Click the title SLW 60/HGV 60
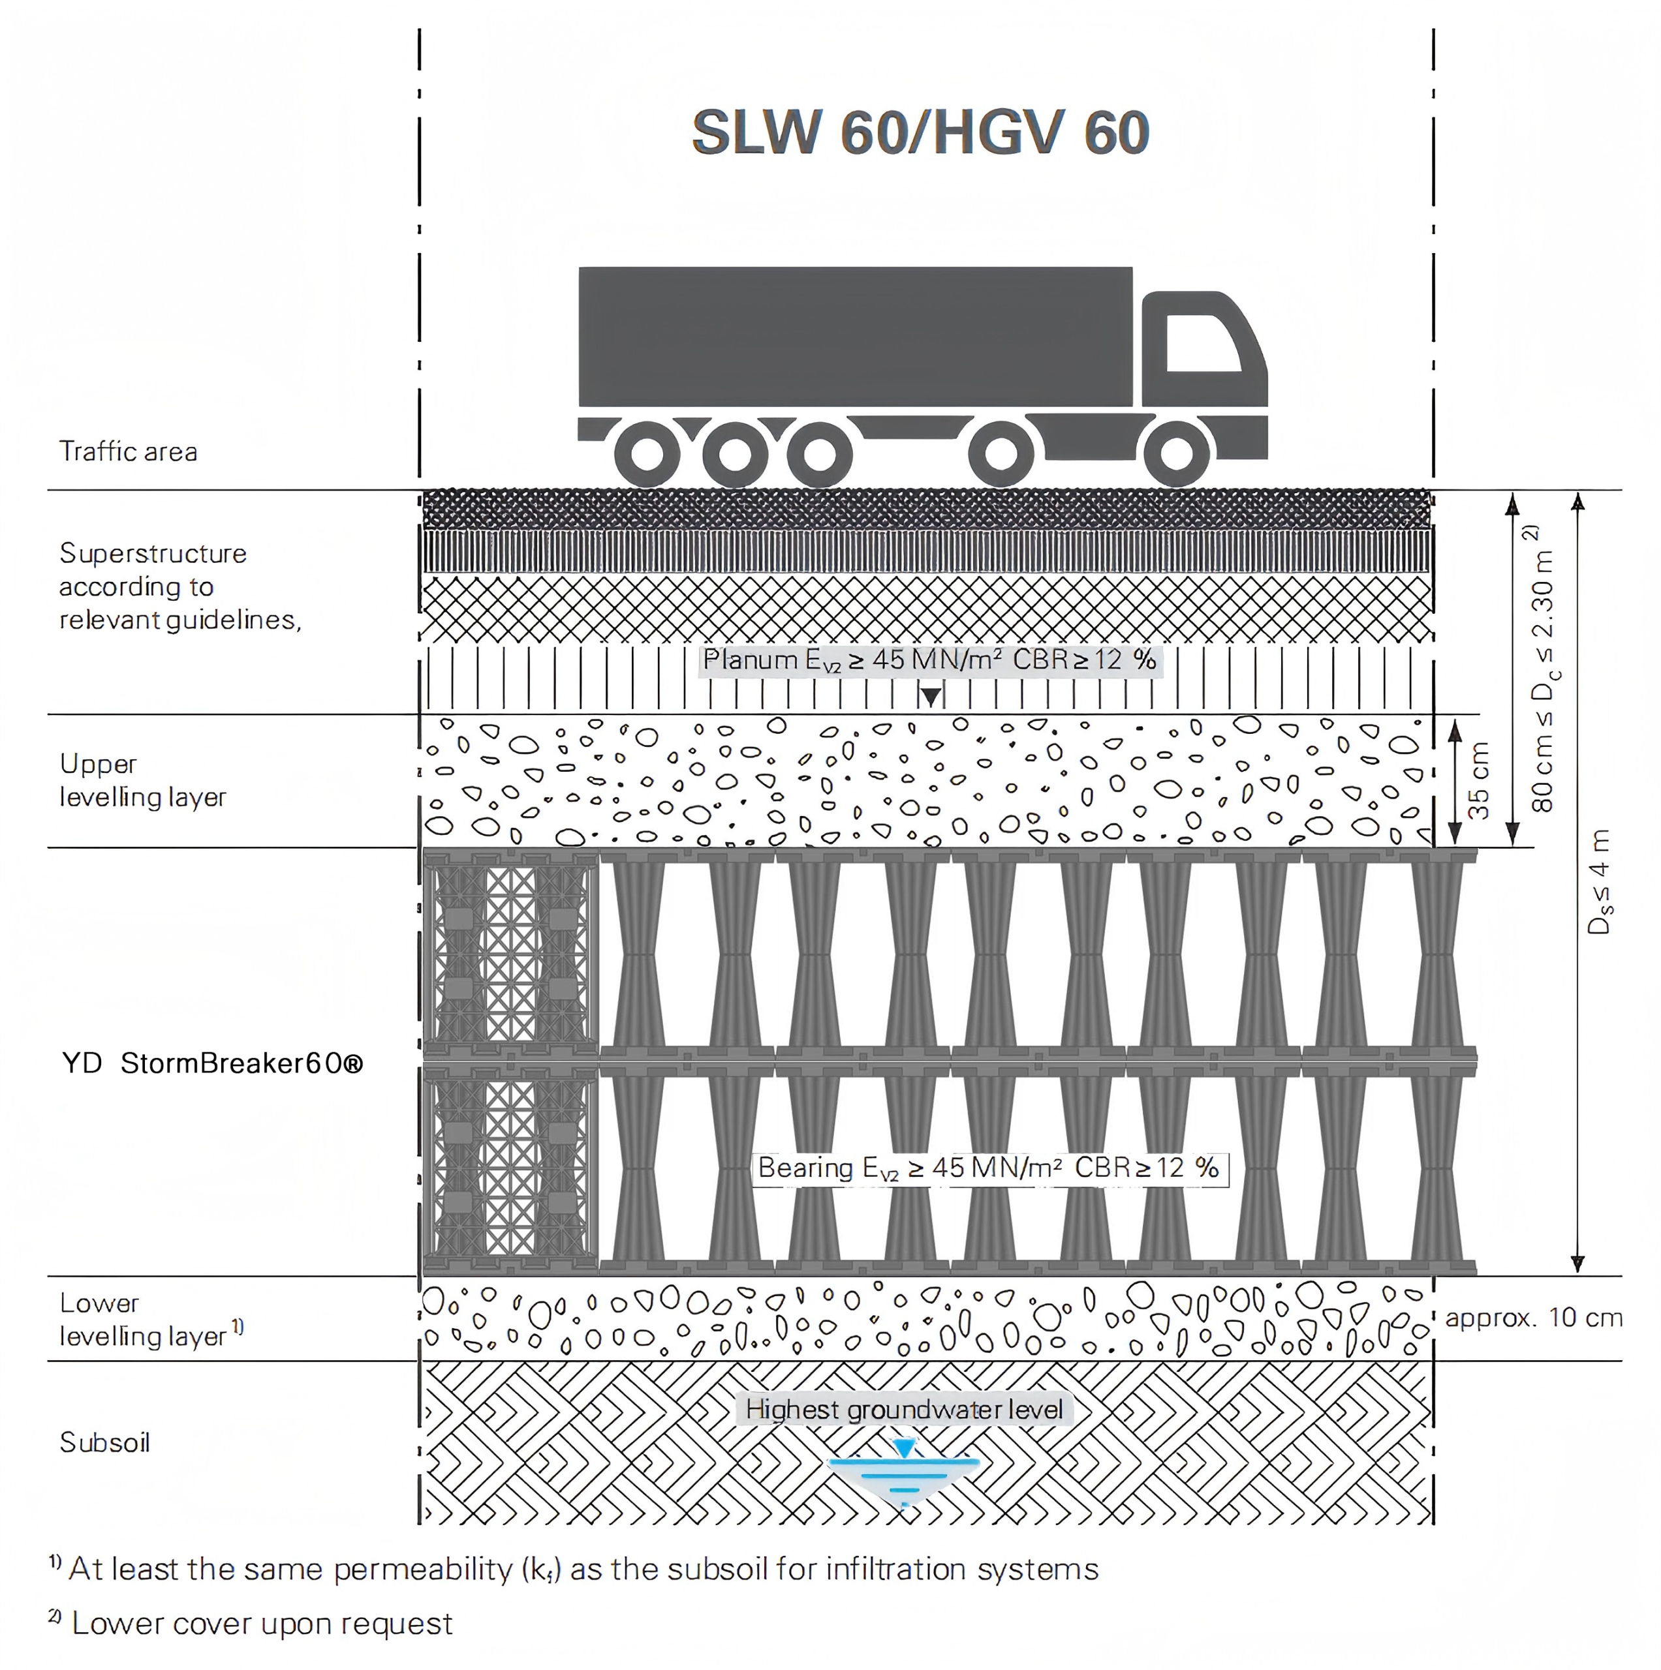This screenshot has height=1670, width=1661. coord(920,132)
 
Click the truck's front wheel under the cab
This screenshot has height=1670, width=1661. coord(1176,453)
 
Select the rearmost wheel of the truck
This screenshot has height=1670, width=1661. coord(647,453)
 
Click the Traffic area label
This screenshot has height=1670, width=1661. coord(128,451)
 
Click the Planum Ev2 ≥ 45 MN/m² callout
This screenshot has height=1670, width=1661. coord(929,660)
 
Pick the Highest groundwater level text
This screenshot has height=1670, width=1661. coord(903,1409)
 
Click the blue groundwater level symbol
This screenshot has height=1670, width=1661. coord(903,1470)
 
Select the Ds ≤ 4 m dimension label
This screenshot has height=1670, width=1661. coord(1599,882)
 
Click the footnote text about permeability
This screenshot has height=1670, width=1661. coord(583,1569)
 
